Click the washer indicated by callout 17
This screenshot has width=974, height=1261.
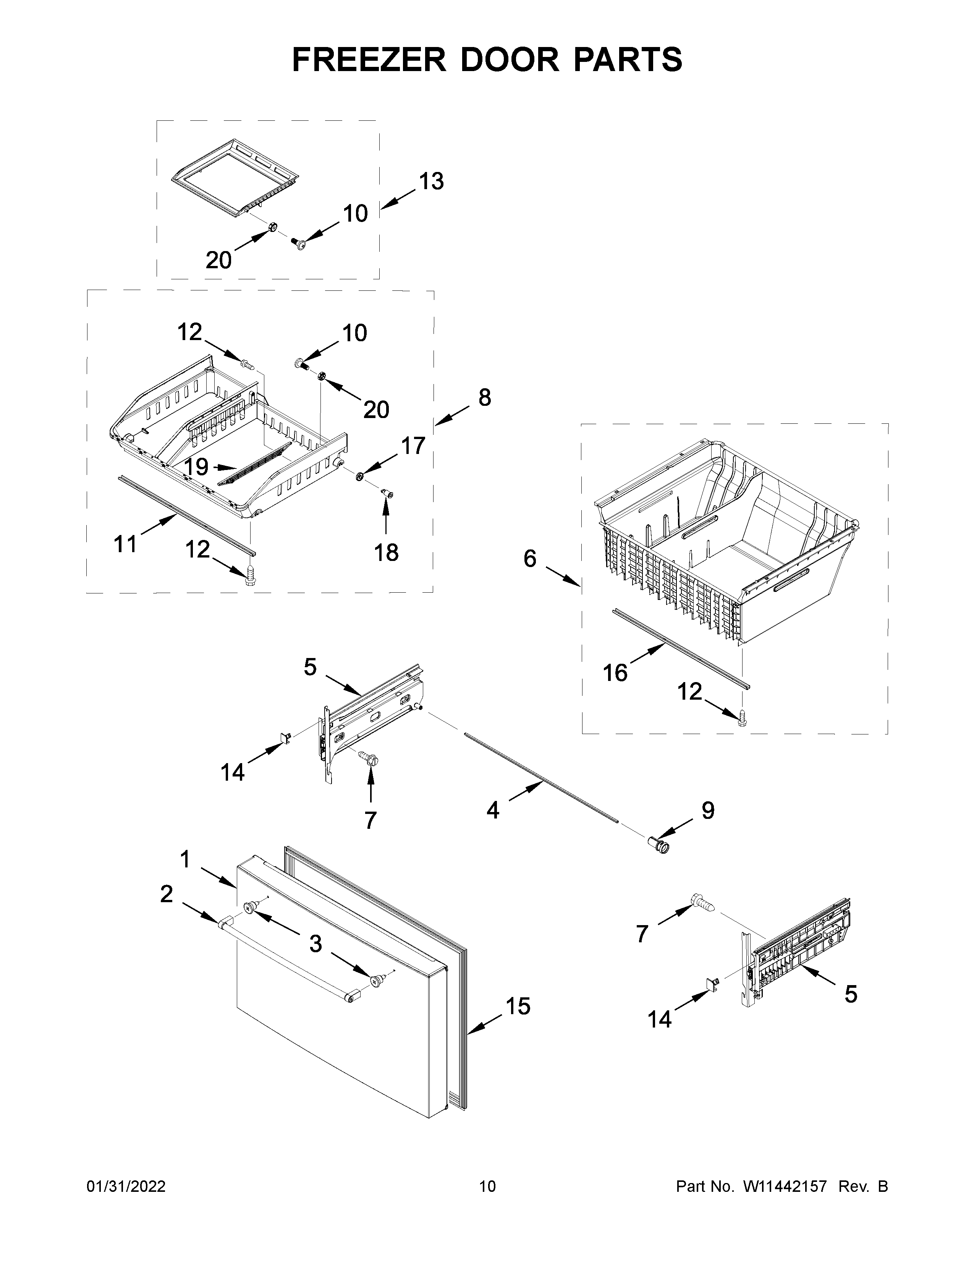coord(359,476)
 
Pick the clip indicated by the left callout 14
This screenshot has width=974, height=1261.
coord(284,736)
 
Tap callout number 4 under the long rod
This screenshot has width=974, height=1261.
coord(492,810)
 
